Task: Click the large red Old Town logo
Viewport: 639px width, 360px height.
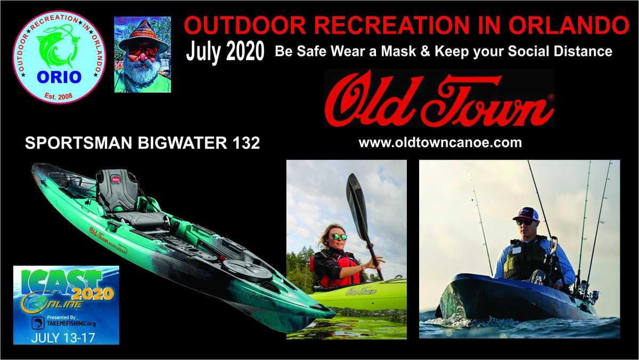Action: click(x=439, y=99)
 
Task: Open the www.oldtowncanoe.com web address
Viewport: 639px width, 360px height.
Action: click(x=440, y=143)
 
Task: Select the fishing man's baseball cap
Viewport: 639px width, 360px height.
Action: click(x=526, y=214)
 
